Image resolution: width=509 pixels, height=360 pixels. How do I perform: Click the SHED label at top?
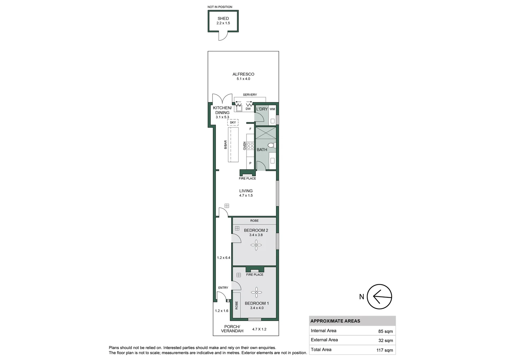pyautogui.click(x=223, y=19)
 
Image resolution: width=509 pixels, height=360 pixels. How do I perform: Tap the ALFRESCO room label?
pyautogui.click(x=243, y=74)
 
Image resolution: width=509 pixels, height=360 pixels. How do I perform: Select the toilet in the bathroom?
pyautogui.click(x=271, y=145)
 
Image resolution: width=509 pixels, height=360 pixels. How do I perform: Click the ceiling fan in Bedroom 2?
pyautogui.click(x=256, y=246)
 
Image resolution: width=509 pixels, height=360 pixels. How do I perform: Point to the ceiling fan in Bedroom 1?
pyautogui.click(x=256, y=292)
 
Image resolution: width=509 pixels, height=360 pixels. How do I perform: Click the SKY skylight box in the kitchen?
pyautogui.click(x=233, y=122)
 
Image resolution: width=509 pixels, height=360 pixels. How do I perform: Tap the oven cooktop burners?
pyautogui.click(x=250, y=145)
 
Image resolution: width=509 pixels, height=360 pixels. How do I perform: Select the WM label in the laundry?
pyautogui.click(x=272, y=109)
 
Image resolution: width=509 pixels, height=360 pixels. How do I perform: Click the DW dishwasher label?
pyautogui.click(x=248, y=109)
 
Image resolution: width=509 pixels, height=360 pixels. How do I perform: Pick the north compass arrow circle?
pyautogui.click(x=379, y=296)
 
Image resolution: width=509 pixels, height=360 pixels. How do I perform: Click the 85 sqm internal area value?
pyautogui.click(x=385, y=331)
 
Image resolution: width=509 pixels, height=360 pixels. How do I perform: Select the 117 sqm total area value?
pyautogui.click(x=384, y=350)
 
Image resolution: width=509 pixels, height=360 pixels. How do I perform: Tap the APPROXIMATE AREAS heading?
pyautogui.click(x=335, y=321)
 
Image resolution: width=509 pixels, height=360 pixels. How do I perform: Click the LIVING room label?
pyautogui.click(x=246, y=191)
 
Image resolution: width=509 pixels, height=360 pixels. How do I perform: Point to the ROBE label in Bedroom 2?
pyautogui.click(x=254, y=221)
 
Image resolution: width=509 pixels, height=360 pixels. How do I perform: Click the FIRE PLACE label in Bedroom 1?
pyautogui.click(x=254, y=275)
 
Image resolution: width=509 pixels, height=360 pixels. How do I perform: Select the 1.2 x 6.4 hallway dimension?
pyautogui.click(x=224, y=258)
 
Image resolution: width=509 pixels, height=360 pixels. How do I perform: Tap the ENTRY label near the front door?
pyautogui.click(x=223, y=288)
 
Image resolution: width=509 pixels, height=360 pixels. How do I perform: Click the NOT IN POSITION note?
pyautogui.click(x=220, y=7)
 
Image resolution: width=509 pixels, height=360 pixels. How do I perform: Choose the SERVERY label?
pyautogui.click(x=250, y=95)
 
